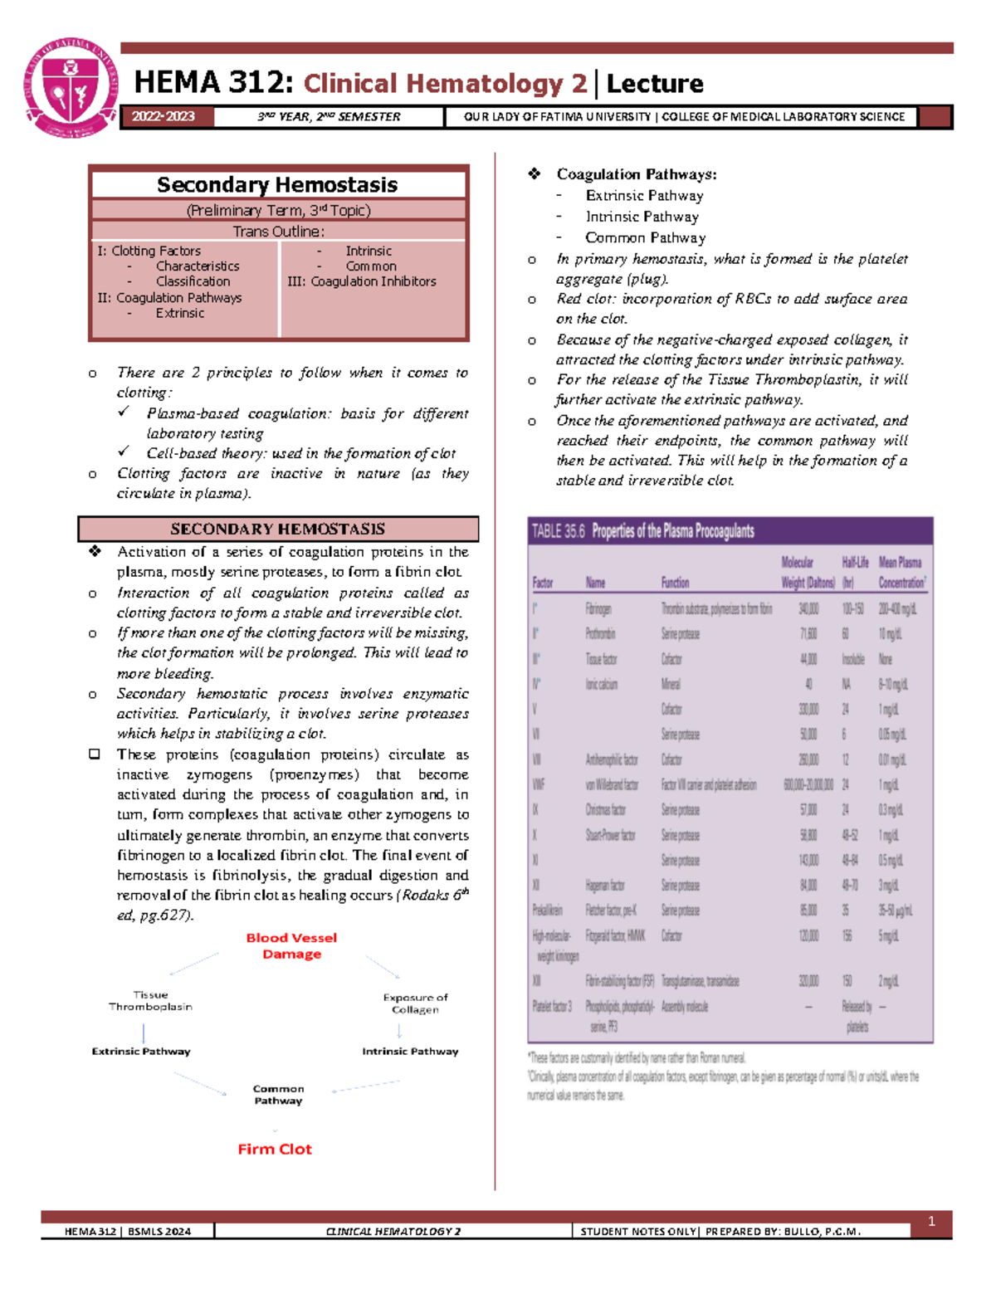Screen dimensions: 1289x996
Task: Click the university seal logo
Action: click(71, 87)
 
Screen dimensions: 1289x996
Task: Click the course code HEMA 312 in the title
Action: click(213, 83)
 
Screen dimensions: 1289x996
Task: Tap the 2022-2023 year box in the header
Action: click(164, 117)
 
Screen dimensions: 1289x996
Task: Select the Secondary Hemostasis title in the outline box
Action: click(277, 184)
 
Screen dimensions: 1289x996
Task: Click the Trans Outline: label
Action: click(278, 232)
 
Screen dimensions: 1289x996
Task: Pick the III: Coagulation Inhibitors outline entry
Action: click(362, 281)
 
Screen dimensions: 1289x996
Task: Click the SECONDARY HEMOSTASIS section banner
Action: click(277, 529)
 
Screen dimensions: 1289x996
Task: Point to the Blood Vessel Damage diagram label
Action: click(291, 945)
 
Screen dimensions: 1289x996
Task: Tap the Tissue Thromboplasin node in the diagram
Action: click(150, 1000)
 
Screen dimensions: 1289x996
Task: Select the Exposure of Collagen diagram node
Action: click(415, 1003)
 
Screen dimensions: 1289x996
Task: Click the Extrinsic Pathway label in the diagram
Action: click(141, 1051)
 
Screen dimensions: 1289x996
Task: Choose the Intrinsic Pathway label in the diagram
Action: click(410, 1051)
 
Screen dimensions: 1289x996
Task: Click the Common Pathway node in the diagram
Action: click(278, 1095)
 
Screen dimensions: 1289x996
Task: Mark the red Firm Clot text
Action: click(275, 1149)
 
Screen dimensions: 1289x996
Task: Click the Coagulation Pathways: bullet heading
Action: click(637, 174)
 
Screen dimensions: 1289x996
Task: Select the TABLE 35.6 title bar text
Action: click(642, 531)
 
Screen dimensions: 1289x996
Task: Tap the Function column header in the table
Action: click(675, 583)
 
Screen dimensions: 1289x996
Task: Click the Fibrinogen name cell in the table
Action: click(598, 608)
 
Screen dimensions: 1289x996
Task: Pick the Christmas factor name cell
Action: click(605, 809)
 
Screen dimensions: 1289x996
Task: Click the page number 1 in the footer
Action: click(931, 1221)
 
